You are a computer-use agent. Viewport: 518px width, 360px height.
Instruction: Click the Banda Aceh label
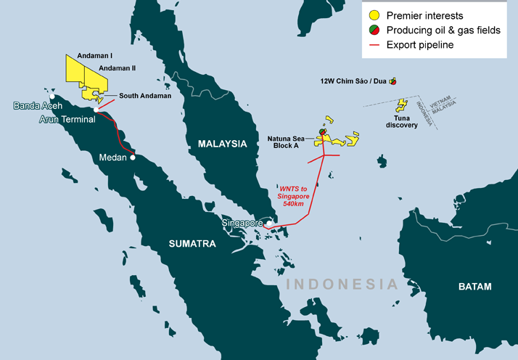(x=38, y=106)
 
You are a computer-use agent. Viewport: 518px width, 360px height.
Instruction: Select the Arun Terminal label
(x=67, y=119)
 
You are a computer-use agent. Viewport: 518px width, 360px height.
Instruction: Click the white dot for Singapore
(x=268, y=223)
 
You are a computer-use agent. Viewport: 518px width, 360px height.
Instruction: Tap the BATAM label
(x=474, y=286)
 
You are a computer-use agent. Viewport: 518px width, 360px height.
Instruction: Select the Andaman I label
(x=99, y=55)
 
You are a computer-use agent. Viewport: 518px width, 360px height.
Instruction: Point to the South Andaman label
(x=145, y=96)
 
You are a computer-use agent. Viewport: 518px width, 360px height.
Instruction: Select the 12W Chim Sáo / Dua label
(x=353, y=81)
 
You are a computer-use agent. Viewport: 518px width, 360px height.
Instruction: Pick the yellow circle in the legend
(x=373, y=15)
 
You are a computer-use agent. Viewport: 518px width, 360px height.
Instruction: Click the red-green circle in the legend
(x=373, y=30)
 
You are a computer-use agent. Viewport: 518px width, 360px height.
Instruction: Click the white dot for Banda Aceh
(x=52, y=95)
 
